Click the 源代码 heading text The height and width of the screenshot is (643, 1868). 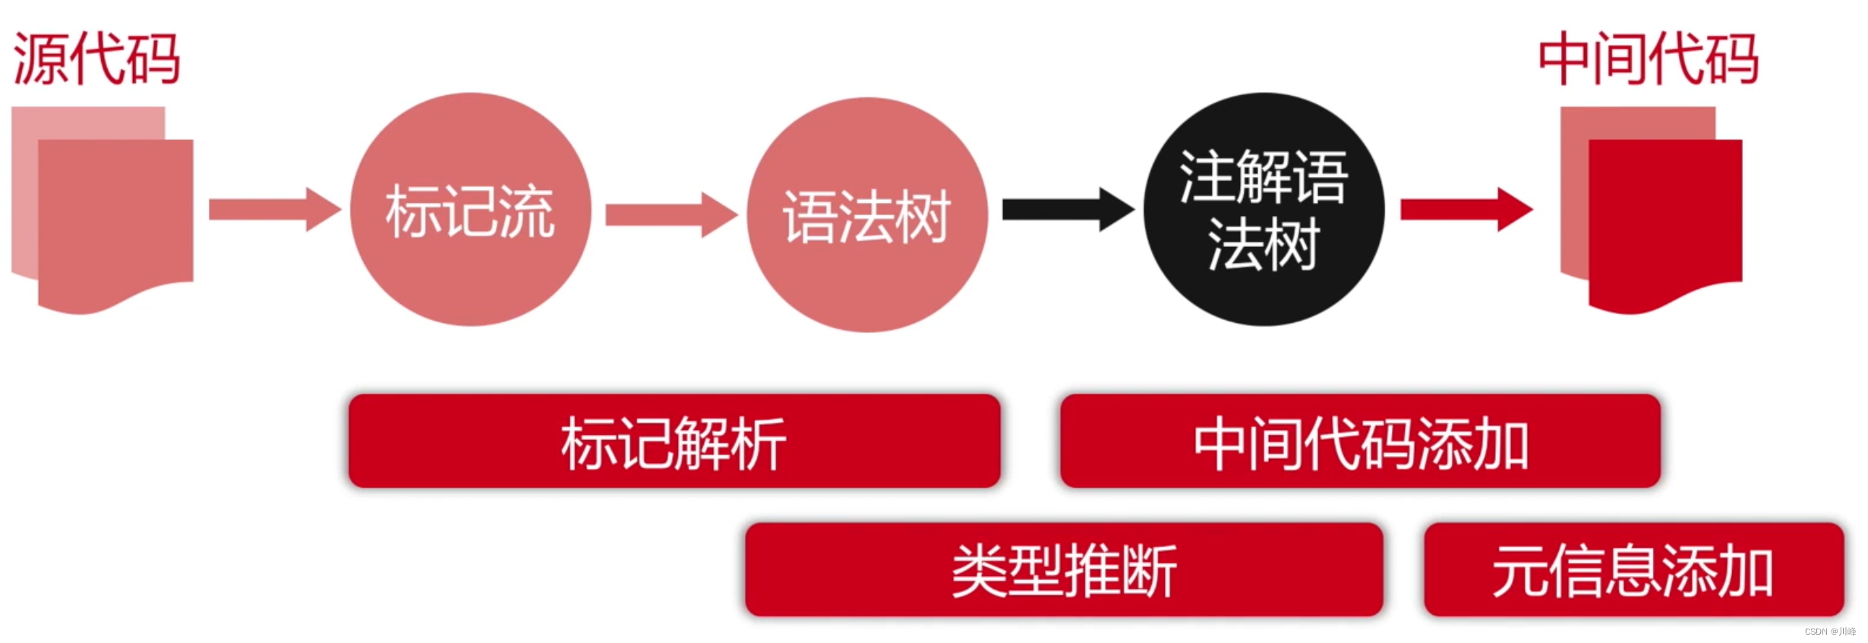point(96,59)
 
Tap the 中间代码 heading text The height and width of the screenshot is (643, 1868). point(1648,59)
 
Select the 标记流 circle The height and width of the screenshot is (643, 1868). point(470,210)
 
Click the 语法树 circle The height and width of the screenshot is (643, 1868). point(866,215)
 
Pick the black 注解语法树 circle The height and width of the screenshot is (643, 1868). point(1264,210)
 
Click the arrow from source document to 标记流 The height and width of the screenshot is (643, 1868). point(274,209)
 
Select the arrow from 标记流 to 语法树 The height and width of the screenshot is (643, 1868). point(671,214)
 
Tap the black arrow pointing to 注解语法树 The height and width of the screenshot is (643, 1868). point(1068,209)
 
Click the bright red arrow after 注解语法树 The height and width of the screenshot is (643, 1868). point(1466,209)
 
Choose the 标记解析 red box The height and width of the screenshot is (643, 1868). point(674,442)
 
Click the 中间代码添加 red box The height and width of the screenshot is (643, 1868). point(1360,442)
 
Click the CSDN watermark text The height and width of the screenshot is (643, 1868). point(1829,632)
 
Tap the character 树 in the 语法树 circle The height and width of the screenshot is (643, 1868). point(922,217)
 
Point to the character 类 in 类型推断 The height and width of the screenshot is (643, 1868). point(980,570)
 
